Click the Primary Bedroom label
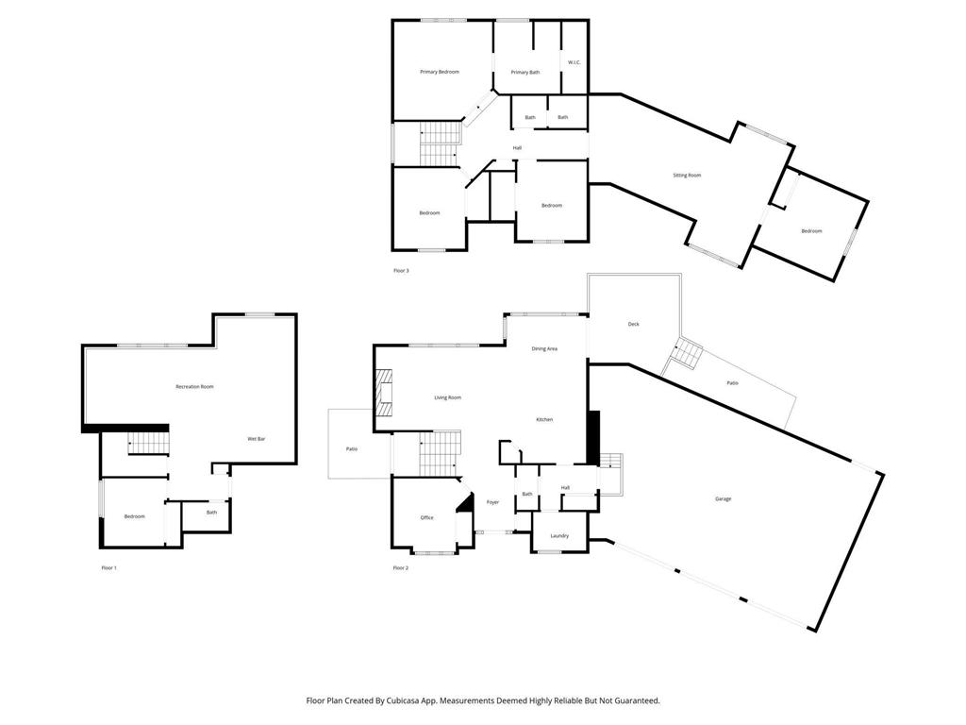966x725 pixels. [x=440, y=72]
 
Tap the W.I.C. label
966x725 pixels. [x=574, y=63]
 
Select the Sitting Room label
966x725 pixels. [x=687, y=176]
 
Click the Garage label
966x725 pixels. [x=723, y=498]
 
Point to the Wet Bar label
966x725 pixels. [x=256, y=439]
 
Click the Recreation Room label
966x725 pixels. [x=194, y=386]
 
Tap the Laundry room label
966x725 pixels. [x=559, y=536]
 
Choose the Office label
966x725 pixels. [x=426, y=517]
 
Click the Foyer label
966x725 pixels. [x=492, y=502]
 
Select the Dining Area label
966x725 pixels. [x=544, y=349]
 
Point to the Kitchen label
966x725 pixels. [x=544, y=419]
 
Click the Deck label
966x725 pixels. [x=634, y=325]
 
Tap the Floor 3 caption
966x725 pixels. [x=401, y=271]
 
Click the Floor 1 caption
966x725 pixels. [x=109, y=568]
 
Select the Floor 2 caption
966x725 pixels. [x=401, y=568]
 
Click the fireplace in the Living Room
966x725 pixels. [x=383, y=393]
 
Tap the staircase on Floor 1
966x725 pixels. [x=147, y=443]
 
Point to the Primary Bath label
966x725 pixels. [x=525, y=73]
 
